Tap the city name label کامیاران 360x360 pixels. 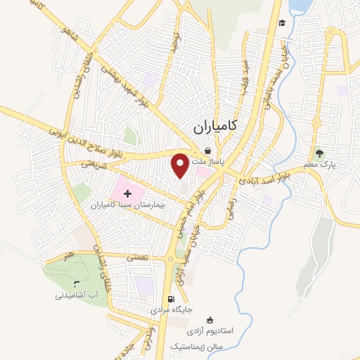(225, 126)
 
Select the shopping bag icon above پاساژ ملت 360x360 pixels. (207, 151)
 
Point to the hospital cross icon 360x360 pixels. (127, 193)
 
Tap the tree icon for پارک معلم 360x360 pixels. (320, 153)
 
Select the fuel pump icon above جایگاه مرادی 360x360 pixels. (174, 297)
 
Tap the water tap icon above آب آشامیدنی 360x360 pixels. (77, 283)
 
